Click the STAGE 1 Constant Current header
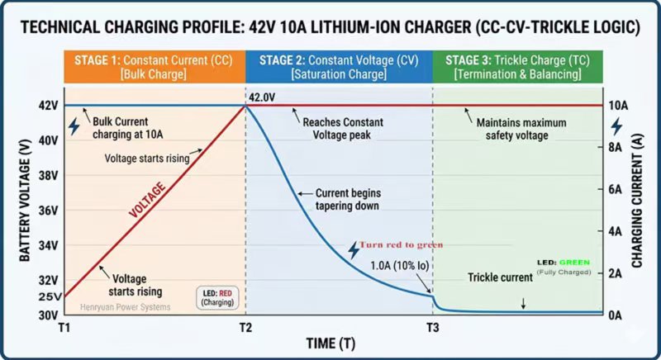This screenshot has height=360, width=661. click(154, 67)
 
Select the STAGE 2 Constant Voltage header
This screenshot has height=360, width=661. click(339, 67)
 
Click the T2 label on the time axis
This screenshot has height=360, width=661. click(245, 327)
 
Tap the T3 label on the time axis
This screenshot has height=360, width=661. click(433, 327)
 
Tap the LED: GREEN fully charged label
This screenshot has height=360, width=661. click(564, 266)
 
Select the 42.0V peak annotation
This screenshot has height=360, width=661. click(264, 97)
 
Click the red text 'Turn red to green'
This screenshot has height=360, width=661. click(401, 244)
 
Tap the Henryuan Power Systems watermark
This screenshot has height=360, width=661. click(125, 307)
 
